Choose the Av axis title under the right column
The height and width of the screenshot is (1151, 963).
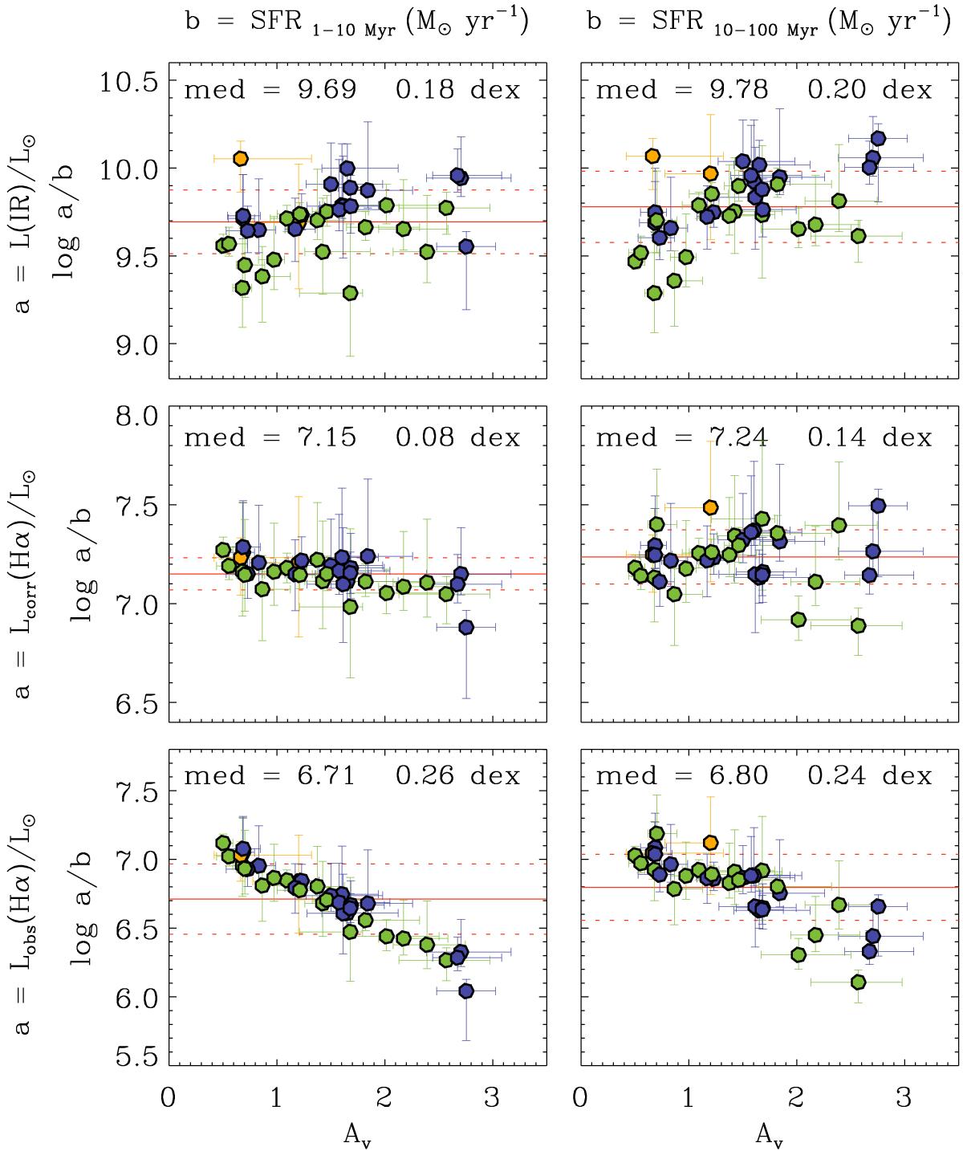tap(770, 1133)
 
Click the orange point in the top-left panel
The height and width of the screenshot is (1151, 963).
tap(240, 159)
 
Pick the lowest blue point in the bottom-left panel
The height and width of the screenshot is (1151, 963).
tap(465, 991)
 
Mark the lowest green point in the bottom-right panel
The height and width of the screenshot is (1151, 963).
tap(858, 982)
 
